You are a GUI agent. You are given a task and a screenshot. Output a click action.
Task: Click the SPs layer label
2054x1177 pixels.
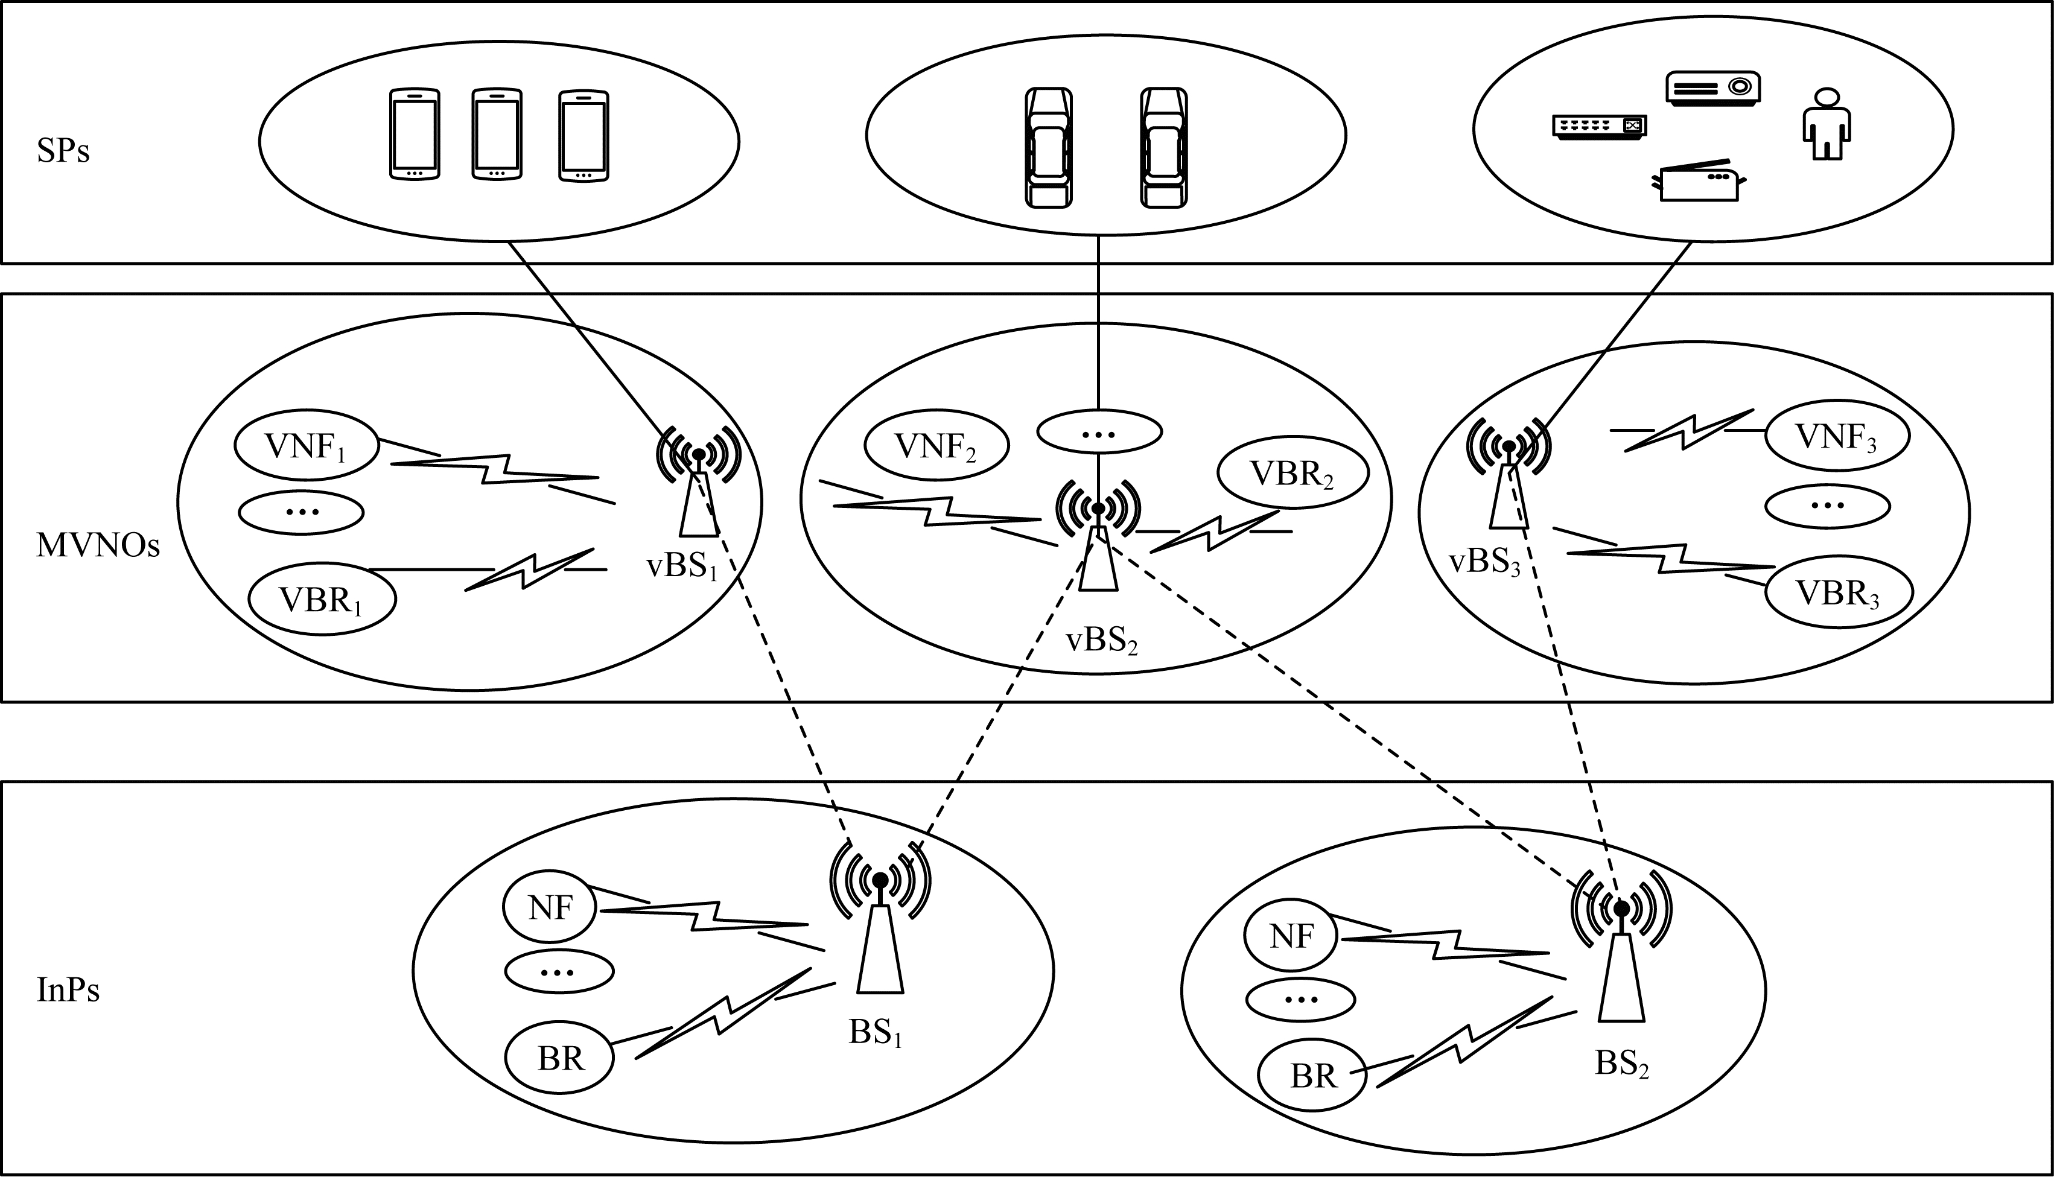click(x=63, y=152)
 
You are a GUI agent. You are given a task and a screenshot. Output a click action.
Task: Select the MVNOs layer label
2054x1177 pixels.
click(x=98, y=547)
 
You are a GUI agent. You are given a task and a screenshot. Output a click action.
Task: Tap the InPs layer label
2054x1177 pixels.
click(x=69, y=990)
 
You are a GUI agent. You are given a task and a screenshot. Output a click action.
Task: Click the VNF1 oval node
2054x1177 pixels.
click(x=307, y=446)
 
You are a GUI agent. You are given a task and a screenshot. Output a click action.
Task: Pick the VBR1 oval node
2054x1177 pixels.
click(x=322, y=600)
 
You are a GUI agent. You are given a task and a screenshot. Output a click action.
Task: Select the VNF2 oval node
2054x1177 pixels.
click(x=936, y=446)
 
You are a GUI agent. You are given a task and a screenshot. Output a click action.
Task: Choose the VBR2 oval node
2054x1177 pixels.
click(x=1292, y=474)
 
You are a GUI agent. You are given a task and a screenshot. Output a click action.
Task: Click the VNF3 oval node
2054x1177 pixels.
click(x=1837, y=437)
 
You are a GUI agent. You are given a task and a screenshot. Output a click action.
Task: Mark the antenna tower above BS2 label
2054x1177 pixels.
click(x=1621, y=962)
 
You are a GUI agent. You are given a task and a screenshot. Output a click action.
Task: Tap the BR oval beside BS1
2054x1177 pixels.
click(x=559, y=1058)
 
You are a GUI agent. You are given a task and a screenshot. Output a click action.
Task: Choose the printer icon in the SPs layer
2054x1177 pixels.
click(x=1697, y=181)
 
